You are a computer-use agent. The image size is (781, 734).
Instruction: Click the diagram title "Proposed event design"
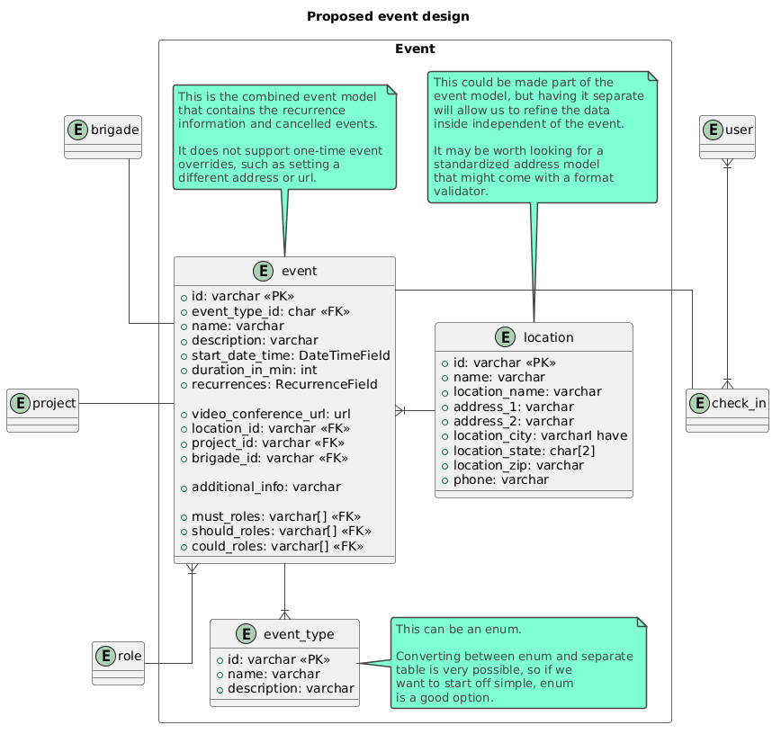388,16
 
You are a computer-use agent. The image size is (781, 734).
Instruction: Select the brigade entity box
103,137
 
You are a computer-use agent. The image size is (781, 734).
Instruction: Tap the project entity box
43,410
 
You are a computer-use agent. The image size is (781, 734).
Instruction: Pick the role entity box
118,663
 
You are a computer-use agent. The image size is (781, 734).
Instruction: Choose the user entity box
727,137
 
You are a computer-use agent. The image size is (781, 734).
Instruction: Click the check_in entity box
727,410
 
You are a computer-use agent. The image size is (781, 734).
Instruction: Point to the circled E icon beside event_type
246,634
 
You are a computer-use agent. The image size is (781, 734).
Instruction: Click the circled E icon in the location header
505,337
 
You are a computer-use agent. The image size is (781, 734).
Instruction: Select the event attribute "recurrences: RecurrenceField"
280,384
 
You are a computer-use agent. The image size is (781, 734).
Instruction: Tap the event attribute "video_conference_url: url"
266,414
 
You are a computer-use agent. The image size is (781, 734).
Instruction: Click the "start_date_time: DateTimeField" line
285,355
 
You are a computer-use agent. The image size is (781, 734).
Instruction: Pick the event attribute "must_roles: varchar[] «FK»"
271,516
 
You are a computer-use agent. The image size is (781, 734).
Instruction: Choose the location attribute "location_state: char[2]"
518,451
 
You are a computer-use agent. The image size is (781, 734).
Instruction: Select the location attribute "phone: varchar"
496,479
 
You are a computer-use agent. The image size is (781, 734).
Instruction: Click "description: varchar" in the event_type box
286,688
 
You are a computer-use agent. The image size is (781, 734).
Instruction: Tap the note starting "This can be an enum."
518,663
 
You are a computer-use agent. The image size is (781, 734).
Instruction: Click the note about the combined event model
285,137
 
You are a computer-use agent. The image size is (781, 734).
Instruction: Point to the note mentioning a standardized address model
543,137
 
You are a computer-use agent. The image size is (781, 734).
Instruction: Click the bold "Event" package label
415,49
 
